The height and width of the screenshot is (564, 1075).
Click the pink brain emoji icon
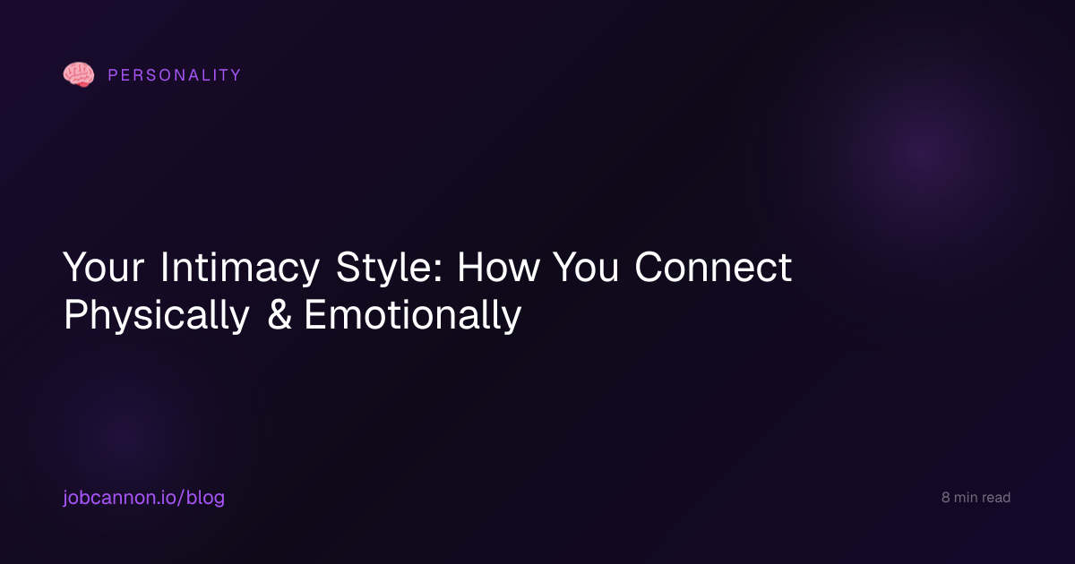click(x=79, y=75)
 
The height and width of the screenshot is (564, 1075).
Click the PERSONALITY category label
click(x=175, y=75)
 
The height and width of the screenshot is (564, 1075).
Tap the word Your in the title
click(x=103, y=267)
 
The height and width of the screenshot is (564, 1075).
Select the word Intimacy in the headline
click(x=239, y=267)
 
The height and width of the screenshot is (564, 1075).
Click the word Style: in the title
click(x=389, y=267)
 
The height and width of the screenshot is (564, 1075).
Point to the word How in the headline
click(x=498, y=267)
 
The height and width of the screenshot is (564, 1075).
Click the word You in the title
click(x=586, y=267)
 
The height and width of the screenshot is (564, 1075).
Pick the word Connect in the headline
click(x=713, y=267)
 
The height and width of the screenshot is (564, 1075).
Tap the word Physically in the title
click(x=157, y=315)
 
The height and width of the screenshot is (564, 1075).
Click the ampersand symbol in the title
click(x=279, y=315)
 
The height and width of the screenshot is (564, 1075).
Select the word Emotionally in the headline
click(x=413, y=315)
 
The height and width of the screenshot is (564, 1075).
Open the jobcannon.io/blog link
click(x=143, y=498)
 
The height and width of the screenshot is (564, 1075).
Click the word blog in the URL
click(x=205, y=498)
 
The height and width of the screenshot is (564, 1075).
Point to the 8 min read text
click(x=976, y=498)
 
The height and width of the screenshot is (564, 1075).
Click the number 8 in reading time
click(x=945, y=498)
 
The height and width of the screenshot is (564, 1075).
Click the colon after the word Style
click(x=438, y=271)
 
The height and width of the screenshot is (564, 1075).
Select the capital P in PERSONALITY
click(x=113, y=75)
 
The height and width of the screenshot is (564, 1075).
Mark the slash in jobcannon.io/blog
click(x=181, y=498)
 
